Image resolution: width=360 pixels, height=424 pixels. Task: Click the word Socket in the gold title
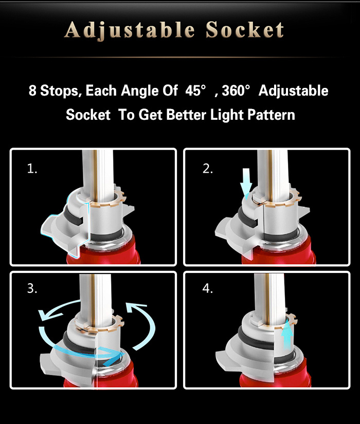tap(245, 29)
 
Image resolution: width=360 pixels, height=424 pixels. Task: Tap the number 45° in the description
tap(195, 90)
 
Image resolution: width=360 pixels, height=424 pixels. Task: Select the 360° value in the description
tap(236, 90)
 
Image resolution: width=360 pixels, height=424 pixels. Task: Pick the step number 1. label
tap(32, 169)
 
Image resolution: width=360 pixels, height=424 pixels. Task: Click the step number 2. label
tap(208, 169)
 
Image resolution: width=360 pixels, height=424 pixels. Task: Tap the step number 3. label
tap(32, 288)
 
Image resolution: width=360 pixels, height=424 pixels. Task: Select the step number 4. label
tap(208, 288)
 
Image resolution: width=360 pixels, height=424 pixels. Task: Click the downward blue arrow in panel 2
tap(246, 182)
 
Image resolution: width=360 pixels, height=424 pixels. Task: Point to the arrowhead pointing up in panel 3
tap(135, 307)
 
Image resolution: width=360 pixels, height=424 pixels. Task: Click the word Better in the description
tap(186, 115)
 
